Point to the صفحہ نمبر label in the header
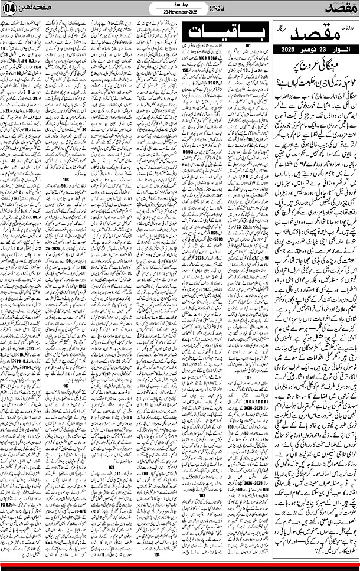[x=48, y=10]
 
